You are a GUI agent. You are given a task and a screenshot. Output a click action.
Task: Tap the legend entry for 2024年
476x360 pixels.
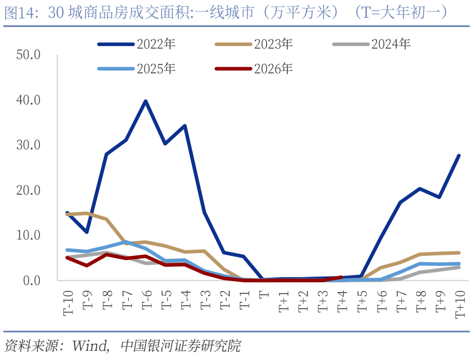[391, 44]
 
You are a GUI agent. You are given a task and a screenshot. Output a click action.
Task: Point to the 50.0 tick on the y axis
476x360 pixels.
[29, 55]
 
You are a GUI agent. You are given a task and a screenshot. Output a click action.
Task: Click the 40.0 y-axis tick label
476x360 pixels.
[29, 100]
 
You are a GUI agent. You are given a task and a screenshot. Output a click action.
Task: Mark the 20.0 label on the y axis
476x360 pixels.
[29, 190]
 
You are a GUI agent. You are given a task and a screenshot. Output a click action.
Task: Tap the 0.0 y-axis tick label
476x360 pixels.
[32, 281]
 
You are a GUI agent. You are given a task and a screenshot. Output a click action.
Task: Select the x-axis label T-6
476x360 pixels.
[146, 300]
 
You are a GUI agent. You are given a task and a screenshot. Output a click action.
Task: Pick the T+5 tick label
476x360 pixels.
[362, 300]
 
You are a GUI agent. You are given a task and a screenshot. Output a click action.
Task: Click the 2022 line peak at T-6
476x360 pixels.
[146, 101]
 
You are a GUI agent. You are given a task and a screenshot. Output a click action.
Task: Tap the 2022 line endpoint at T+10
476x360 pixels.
[459, 155]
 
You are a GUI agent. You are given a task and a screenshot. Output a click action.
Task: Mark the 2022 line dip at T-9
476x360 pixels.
[87, 232]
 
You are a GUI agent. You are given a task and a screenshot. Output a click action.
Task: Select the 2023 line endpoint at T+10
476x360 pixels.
[459, 252]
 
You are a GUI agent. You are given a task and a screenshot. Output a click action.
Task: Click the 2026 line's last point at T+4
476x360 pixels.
[341, 277]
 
